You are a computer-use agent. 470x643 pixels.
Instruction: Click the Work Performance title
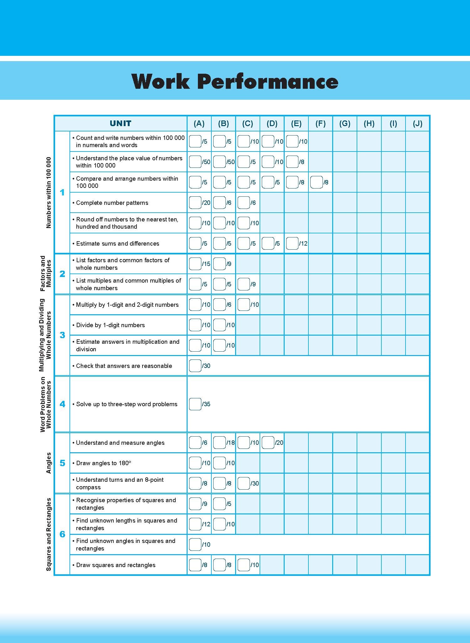235,81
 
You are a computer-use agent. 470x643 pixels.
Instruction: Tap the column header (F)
320,123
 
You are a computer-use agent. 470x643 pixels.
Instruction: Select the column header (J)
417,123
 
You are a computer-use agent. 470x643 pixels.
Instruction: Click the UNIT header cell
121,123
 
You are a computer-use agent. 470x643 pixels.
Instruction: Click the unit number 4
62,404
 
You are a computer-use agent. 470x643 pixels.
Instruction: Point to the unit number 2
62,274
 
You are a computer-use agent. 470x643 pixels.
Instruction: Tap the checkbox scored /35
195,404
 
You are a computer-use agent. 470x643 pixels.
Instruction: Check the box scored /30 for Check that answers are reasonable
195,366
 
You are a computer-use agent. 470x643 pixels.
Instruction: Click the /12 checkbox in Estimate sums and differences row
292,243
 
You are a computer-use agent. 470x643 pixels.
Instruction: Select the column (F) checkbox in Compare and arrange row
316,182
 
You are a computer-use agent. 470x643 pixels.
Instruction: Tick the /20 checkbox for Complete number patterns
195,203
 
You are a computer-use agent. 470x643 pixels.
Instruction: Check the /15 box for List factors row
195,264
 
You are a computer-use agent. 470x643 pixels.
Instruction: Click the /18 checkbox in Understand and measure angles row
219,443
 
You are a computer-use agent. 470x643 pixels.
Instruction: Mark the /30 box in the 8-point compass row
244,483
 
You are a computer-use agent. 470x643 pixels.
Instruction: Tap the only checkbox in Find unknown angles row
195,545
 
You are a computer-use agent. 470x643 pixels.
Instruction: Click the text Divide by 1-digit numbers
111,325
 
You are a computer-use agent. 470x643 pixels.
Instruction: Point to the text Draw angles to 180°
104,463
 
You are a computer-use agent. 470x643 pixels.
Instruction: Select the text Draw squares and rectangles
116,565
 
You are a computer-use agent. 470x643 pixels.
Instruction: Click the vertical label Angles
49,463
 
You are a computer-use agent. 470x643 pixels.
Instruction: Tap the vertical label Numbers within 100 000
49,192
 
